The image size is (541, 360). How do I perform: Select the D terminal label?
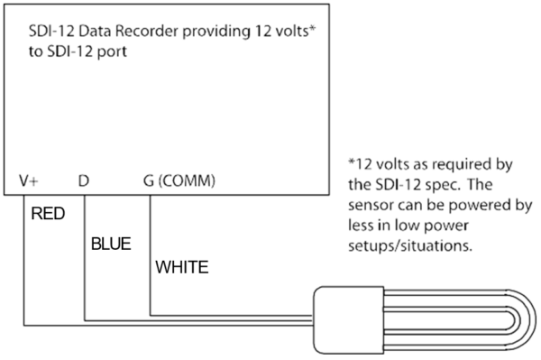[x=83, y=180]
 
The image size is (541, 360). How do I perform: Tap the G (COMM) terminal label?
[x=179, y=180]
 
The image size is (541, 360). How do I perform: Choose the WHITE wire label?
[x=183, y=268]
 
